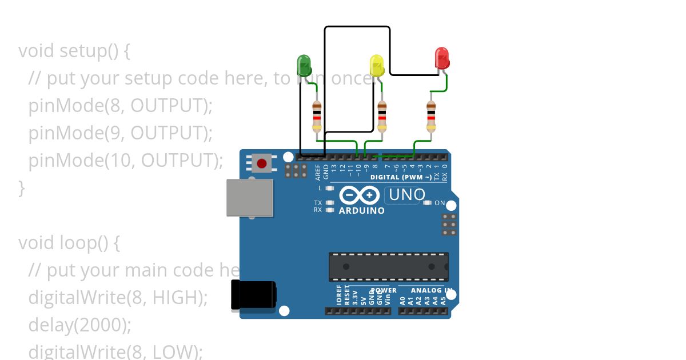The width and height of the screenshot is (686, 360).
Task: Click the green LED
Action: click(x=304, y=65)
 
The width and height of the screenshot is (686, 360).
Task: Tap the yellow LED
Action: click(x=376, y=65)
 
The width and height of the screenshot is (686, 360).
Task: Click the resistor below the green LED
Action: click(x=317, y=117)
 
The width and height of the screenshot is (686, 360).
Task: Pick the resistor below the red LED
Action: click(x=431, y=117)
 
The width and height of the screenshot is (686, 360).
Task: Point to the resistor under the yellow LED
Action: click(x=382, y=117)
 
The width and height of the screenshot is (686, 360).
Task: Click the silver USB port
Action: click(x=250, y=198)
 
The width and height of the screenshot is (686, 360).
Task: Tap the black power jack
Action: click(x=253, y=295)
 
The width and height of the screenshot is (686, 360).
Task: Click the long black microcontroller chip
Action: click(x=388, y=267)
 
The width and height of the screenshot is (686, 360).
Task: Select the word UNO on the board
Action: click(x=406, y=195)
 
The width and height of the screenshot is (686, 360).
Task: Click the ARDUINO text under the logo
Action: click(x=362, y=210)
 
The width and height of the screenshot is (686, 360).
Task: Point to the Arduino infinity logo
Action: click(x=359, y=195)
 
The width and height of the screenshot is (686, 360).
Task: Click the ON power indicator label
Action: click(x=440, y=203)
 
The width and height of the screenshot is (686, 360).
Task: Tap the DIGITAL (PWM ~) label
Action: click(x=401, y=177)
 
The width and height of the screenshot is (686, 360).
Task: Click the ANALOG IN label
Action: click(x=431, y=290)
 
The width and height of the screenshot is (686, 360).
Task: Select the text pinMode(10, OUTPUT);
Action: click(x=126, y=161)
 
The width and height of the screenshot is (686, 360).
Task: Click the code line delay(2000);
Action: click(x=80, y=325)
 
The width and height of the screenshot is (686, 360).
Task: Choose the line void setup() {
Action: click(x=74, y=51)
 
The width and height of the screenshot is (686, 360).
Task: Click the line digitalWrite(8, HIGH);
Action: click(x=118, y=297)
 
